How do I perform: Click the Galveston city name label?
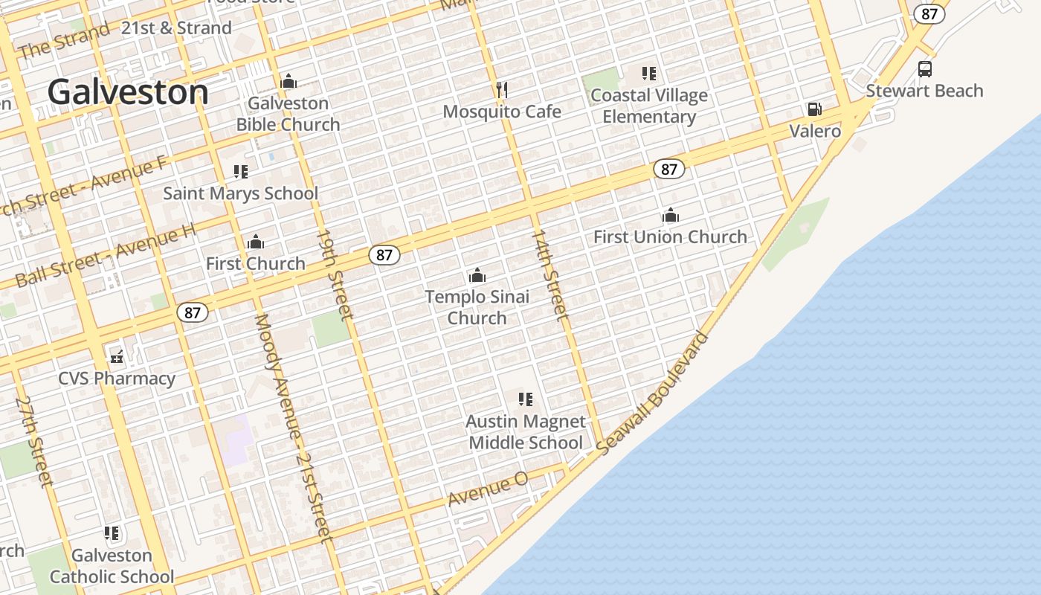(x=128, y=93)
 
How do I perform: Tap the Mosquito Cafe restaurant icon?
(x=502, y=90)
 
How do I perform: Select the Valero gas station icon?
(x=815, y=110)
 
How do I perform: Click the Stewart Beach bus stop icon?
(x=924, y=69)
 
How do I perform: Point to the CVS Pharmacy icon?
(x=117, y=357)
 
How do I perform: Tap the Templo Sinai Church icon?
(x=477, y=276)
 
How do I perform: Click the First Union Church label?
(x=670, y=237)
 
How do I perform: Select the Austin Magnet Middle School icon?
(x=526, y=399)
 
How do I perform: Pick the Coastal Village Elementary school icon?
(x=649, y=74)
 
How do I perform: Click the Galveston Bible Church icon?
(x=289, y=81)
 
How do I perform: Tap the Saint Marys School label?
(x=240, y=193)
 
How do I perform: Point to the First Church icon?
(x=256, y=242)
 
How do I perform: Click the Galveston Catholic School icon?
(x=112, y=533)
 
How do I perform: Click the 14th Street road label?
(x=550, y=275)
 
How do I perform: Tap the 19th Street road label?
(x=335, y=274)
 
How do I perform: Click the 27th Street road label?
(x=34, y=442)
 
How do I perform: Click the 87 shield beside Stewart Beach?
(x=929, y=14)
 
